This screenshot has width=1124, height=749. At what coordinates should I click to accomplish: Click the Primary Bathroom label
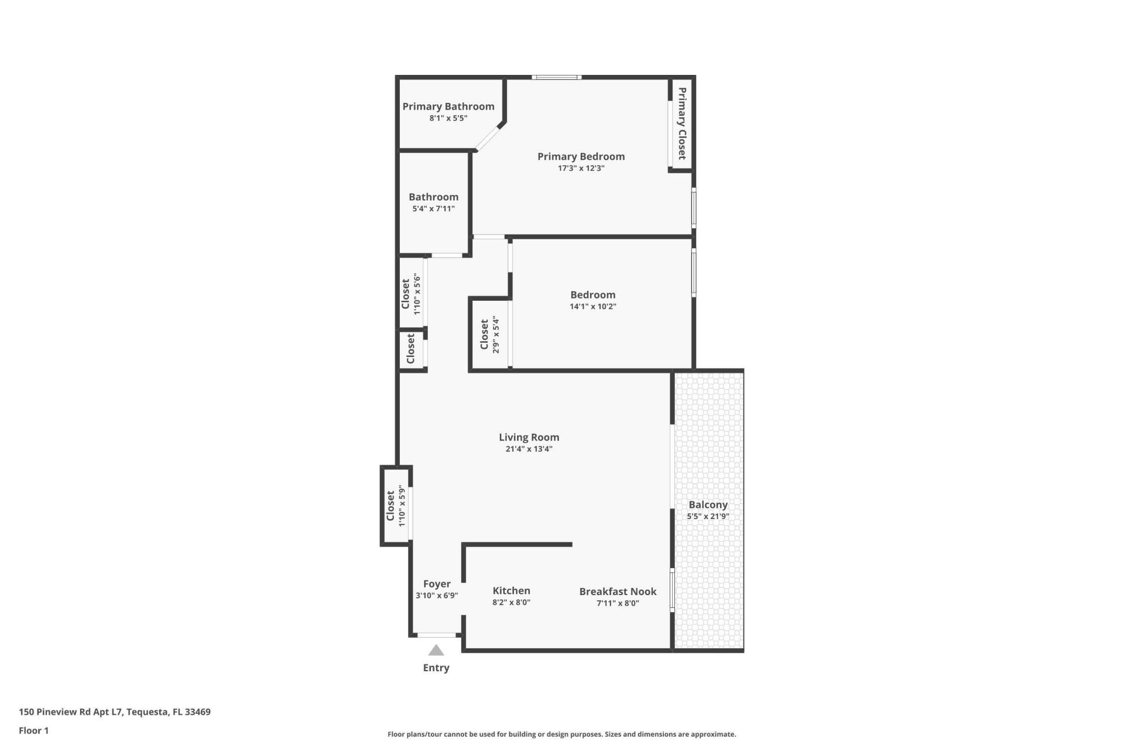(448, 106)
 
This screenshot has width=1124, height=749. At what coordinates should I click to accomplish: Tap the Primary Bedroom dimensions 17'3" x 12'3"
(581, 169)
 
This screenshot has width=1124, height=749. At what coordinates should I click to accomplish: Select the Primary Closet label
(682, 123)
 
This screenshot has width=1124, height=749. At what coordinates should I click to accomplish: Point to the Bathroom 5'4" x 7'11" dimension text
(433, 209)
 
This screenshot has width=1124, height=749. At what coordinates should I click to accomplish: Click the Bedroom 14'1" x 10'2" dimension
(592, 307)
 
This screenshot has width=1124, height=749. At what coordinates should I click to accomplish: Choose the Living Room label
(529, 437)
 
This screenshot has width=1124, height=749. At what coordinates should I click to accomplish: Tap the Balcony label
(708, 504)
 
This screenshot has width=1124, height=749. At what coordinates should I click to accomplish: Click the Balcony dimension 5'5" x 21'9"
(708, 517)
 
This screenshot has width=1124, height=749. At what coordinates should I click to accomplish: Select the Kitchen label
(511, 591)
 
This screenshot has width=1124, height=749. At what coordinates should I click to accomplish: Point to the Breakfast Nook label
(618, 592)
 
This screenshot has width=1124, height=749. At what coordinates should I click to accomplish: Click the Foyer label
(437, 584)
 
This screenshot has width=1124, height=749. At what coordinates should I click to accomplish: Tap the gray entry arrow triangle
(436, 651)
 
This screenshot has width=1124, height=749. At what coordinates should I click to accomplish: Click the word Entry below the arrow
(436, 668)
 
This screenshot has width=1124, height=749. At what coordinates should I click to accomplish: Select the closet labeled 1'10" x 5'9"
(395, 506)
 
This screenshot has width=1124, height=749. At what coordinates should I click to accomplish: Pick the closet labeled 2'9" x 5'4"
(489, 334)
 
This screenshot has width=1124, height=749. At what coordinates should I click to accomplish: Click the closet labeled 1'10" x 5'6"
(410, 293)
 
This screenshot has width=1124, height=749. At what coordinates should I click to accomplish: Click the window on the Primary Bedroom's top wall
(556, 77)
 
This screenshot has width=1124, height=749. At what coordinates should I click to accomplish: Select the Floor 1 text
(33, 730)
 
